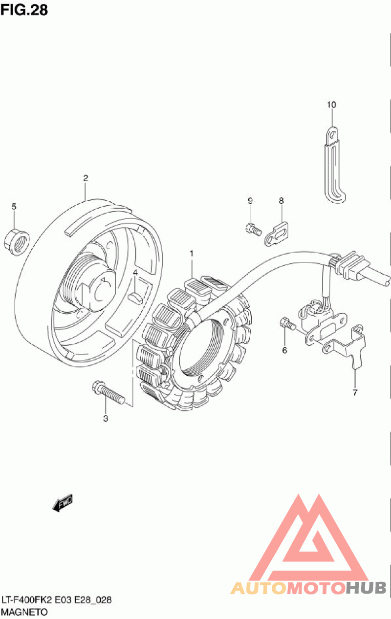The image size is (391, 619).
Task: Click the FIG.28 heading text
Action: click(x=24, y=10)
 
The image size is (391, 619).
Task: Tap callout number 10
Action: click(x=332, y=105)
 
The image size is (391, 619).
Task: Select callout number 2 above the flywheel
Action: click(x=85, y=178)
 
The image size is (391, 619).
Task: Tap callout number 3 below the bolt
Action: click(x=106, y=418)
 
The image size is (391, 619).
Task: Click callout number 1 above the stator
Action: click(x=192, y=254)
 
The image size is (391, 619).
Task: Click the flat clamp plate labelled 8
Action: click(x=278, y=233)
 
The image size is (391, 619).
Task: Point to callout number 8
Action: click(x=282, y=200)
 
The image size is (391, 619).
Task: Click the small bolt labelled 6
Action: click(x=286, y=323)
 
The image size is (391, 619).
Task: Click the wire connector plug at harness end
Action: click(x=352, y=268)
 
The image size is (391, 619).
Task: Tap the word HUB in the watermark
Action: click(x=366, y=588)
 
